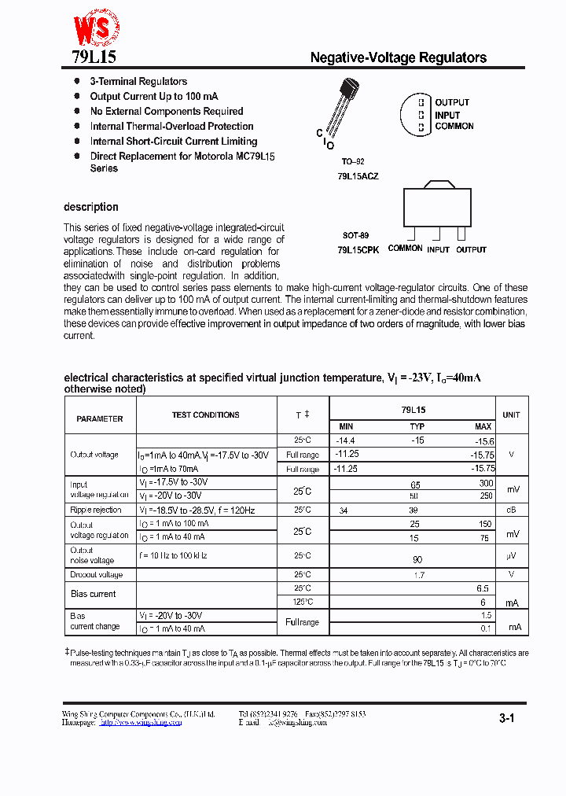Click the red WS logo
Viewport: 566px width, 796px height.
96,28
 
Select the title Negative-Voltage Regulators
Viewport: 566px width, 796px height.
398,57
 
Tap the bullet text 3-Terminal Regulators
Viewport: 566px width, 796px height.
138,82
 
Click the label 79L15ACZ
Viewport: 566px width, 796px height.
358,177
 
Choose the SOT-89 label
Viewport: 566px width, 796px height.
355,235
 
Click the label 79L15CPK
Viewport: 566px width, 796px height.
358,249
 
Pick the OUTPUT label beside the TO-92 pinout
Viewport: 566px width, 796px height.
452,103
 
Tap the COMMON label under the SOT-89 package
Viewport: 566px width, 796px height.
405,249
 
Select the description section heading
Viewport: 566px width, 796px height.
91,208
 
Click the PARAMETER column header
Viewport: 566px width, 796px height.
100,419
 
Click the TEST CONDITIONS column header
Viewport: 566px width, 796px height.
206,415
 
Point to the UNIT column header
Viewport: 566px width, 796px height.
512,415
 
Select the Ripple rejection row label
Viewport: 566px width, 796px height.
96,510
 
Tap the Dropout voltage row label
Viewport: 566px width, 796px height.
97,575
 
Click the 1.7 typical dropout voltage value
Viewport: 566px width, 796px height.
418,575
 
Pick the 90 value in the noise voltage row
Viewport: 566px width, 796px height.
417,559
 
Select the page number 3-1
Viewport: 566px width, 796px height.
506,718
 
